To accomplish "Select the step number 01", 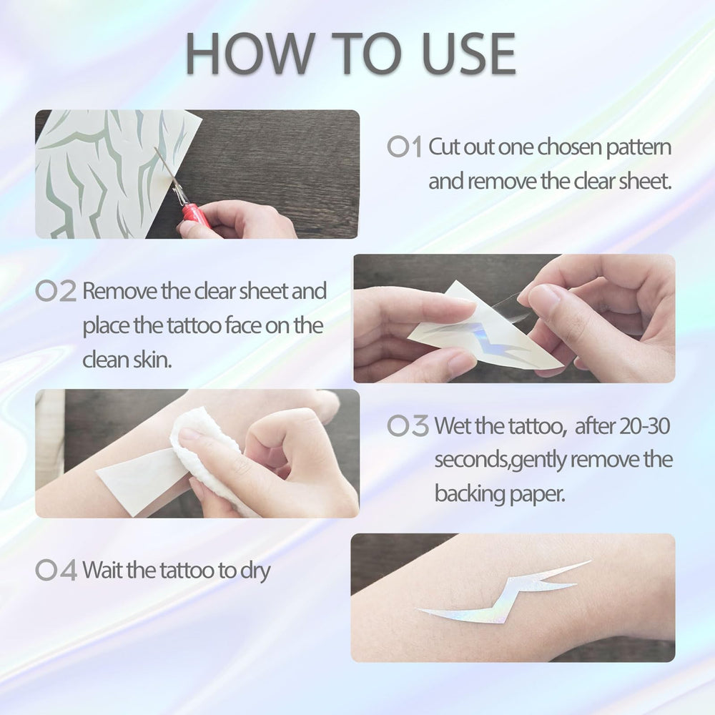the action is (405, 147).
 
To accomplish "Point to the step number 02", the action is (56, 291).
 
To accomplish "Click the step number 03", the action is (408, 425).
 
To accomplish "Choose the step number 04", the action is (56, 570).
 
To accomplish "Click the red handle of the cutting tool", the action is (196, 215).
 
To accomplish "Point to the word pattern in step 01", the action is (638, 148).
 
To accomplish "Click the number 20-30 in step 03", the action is (644, 426).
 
